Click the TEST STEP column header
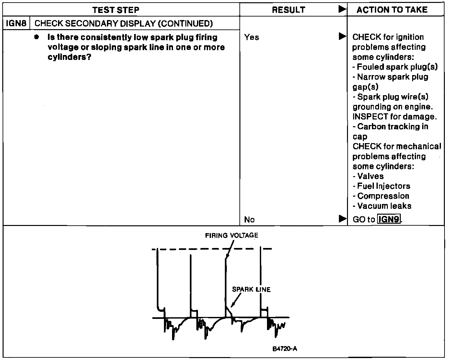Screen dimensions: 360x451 (116, 10)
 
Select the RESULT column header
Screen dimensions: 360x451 (288, 10)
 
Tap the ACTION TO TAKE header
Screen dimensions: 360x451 (392, 10)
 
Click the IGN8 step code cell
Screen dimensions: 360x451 (16, 23)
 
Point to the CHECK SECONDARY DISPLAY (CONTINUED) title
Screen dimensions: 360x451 (123, 23)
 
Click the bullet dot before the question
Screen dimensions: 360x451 (37, 37)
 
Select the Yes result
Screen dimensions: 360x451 (252, 37)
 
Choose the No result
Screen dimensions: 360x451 (249, 220)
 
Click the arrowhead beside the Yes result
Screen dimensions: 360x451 (342, 36)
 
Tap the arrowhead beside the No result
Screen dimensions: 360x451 (342, 219)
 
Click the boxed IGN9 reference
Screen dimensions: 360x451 (389, 219)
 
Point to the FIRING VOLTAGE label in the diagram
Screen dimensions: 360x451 (232, 236)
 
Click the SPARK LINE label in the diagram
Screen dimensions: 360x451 (251, 289)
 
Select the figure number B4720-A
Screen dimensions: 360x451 (285, 349)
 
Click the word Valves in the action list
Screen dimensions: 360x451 (370, 176)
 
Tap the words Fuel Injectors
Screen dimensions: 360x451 (384, 186)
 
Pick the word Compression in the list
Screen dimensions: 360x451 (383, 196)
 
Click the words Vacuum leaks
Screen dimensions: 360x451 (384, 206)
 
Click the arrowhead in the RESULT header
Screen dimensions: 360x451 (342, 9)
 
